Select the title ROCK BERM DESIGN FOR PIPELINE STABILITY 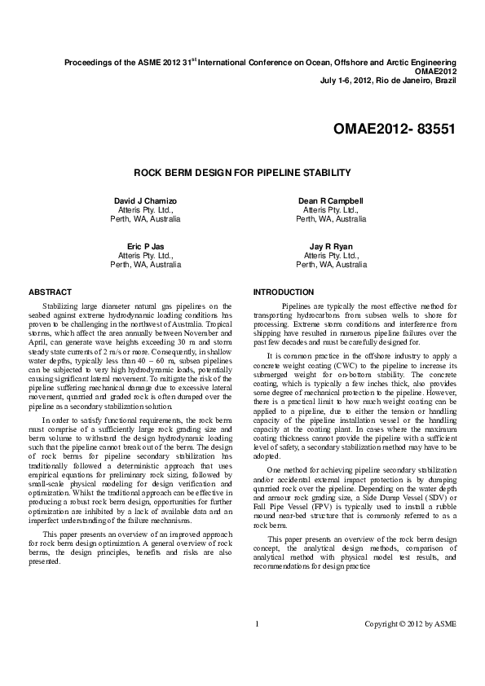[x=242, y=173]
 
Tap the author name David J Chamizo [x=145, y=200]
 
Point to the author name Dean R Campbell [x=331, y=200]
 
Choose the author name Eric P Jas [x=145, y=246]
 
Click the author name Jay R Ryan [x=331, y=246]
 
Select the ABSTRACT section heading [x=50, y=292]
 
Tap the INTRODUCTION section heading [x=283, y=292]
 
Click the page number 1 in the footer [x=257, y=624]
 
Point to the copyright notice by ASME [x=410, y=624]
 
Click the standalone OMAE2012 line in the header [x=434, y=71]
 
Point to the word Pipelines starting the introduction [x=299, y=306]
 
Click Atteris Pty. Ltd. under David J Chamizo [x=145, y=210]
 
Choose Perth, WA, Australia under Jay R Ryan [x=331, y=265]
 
